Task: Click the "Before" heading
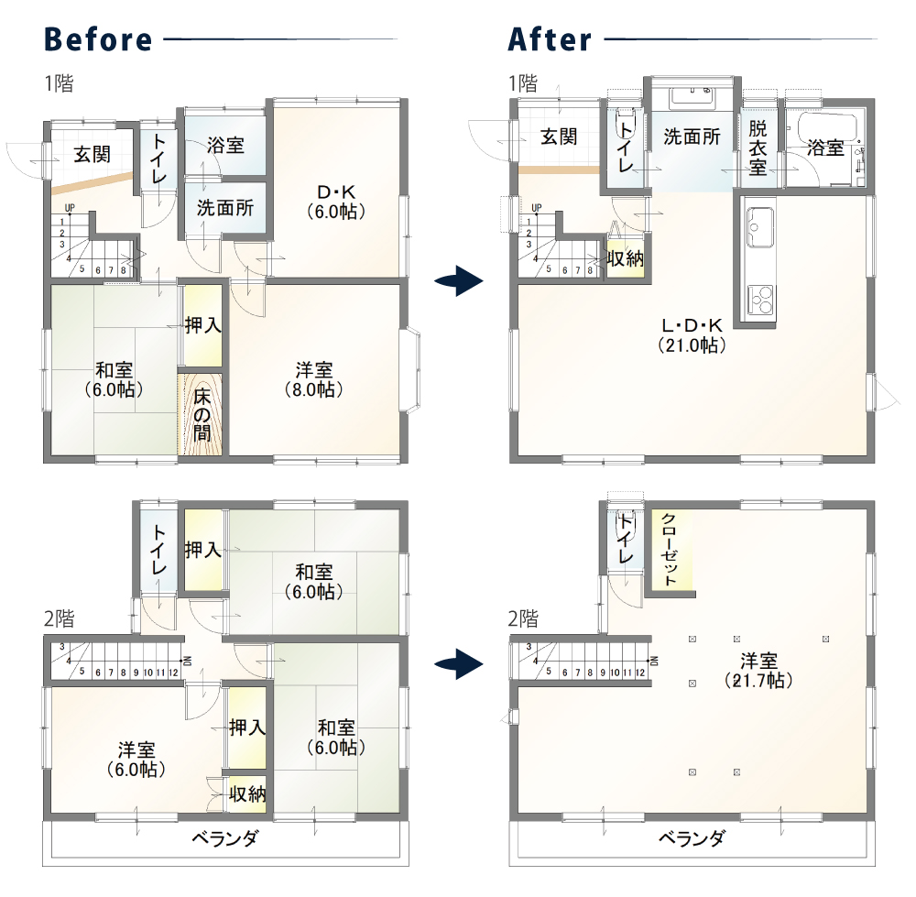pyautogui.click(x=98, y=39)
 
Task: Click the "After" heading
pyautogui.click(x=550, y=39)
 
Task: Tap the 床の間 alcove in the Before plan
pyautogui.click(x=201, y=414)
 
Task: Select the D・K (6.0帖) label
pyautogui.click(x=336, y=202)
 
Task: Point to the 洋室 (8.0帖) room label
pyautogui.click(x=313, y=379)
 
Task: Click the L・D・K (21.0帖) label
pyautogui.click(x=692, y=334)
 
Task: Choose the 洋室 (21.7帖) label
pyautogui.click(x=758, y=671)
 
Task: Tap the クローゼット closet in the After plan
pyautogui.click(x=671, y=550)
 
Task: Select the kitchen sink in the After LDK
pyautogui.click(x=759, y=226)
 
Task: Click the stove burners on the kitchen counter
pyautogui.click(x=760, y=301)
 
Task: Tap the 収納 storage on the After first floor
pyautogui.click(x=625, y=257)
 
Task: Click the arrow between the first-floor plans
pyautogui.click(x=459, y=281)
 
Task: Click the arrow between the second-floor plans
pyautogui.click(x=459, y=664)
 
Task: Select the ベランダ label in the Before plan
pyautogui.click(x=225, y=838)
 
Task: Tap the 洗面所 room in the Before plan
pyautogui.click(x=225, y=207)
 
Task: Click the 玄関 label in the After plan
pyautogui.click(x=559, y=137)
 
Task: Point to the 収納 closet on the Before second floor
pyautogui.click(x=246, y=794)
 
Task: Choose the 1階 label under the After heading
pyautogui.click(x=523, y=83)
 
